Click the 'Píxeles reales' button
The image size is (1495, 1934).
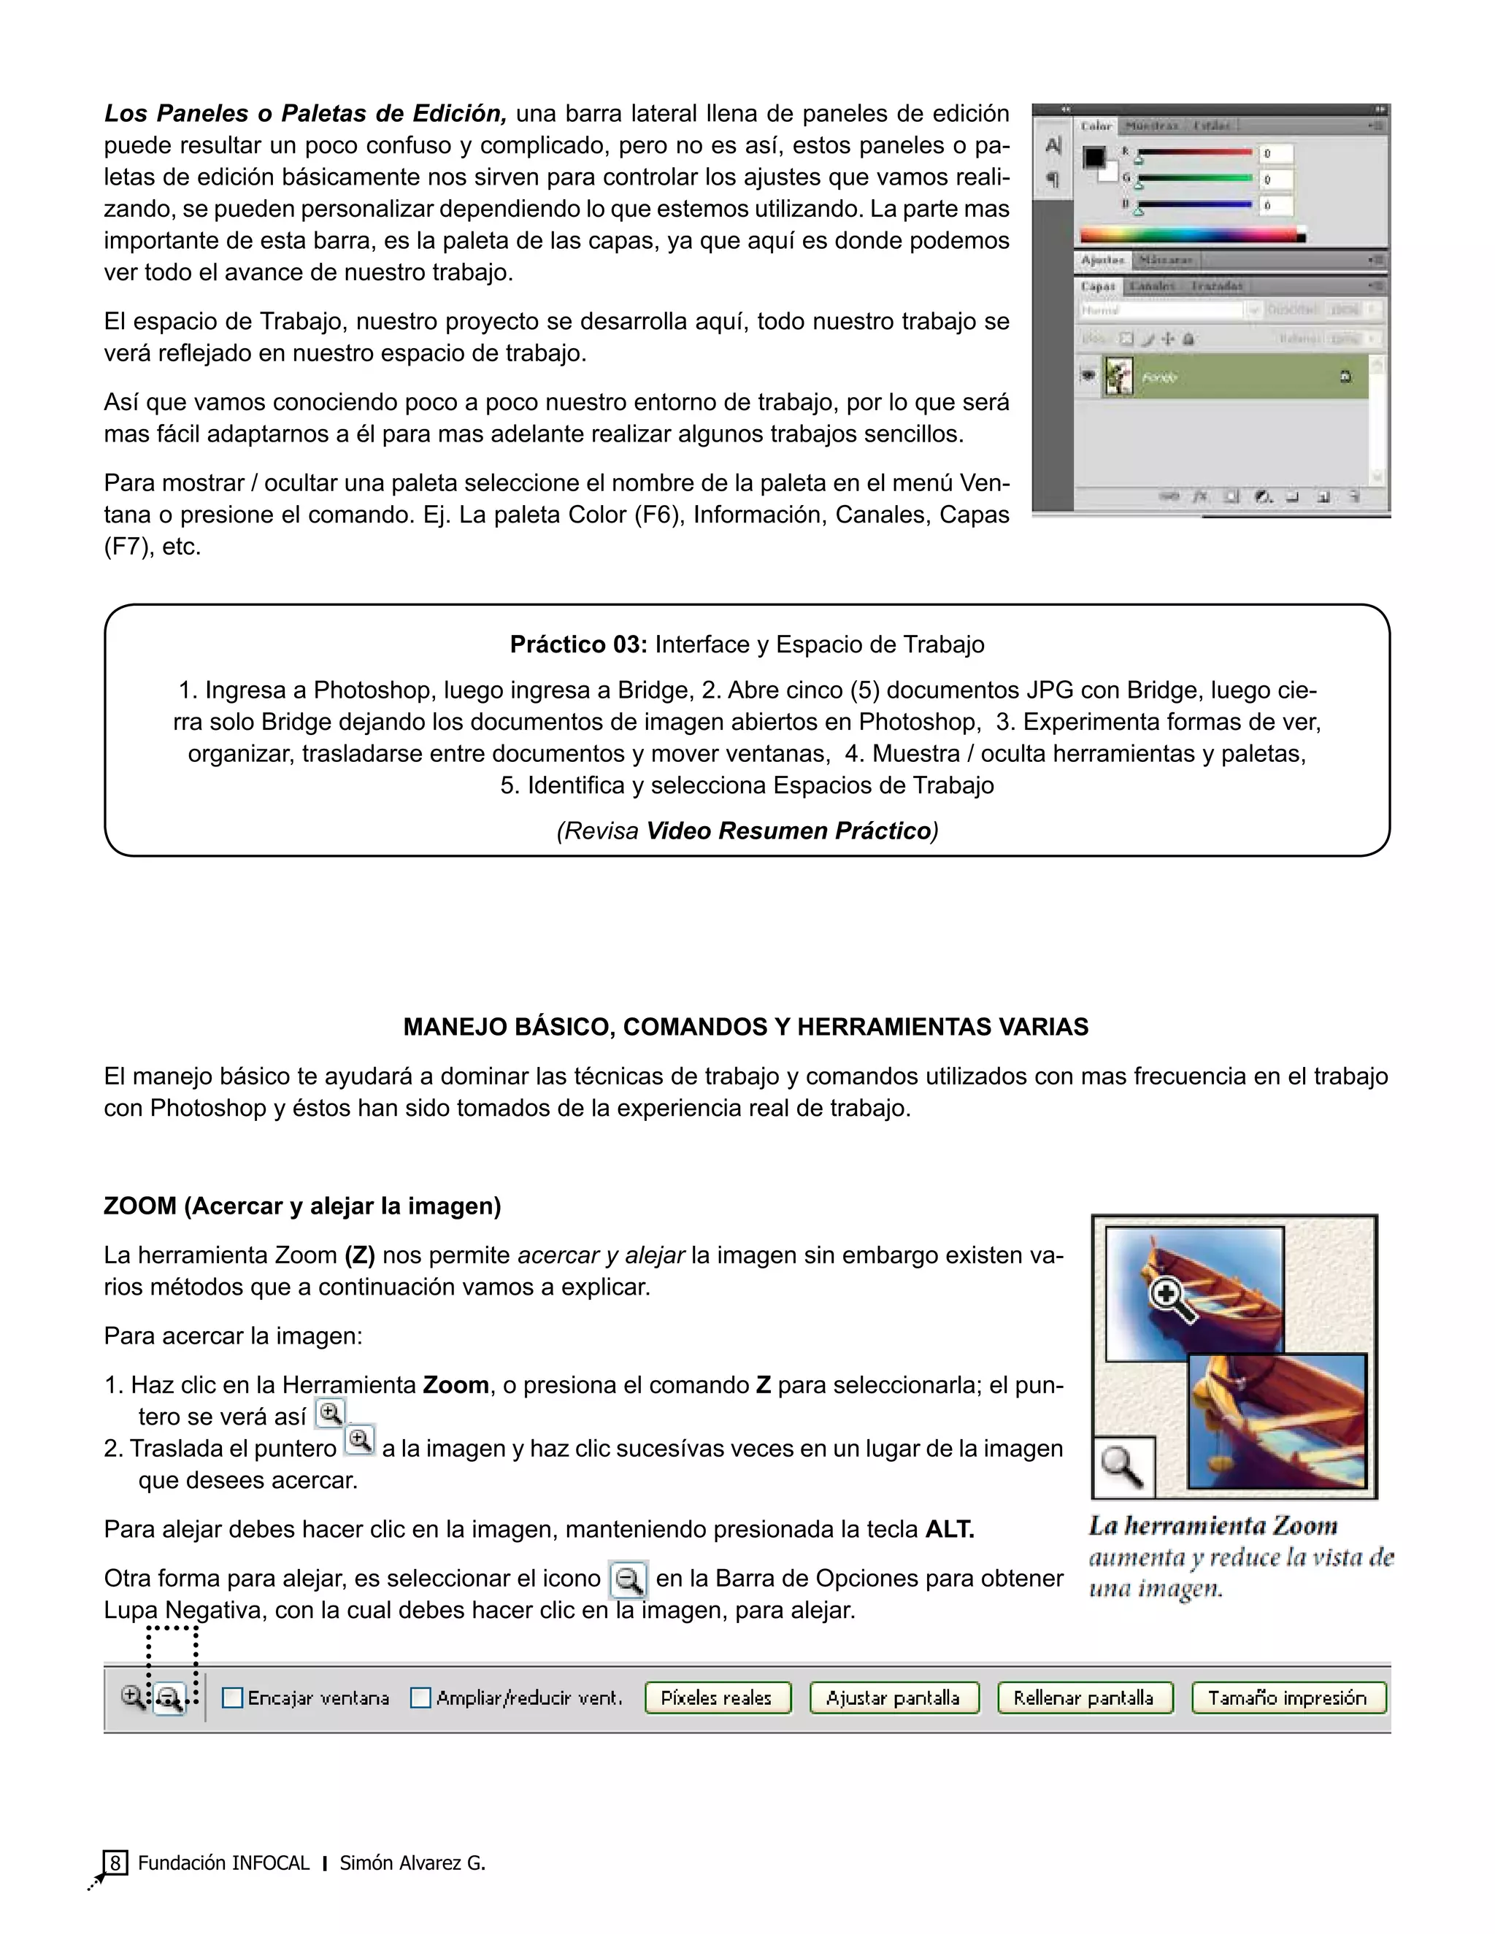tap(717, 1698)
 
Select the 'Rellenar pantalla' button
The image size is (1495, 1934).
tap(1084, 1698)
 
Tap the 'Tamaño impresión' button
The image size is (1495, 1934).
tap(1288, 1698)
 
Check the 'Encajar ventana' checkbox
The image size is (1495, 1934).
tap(232, 1698)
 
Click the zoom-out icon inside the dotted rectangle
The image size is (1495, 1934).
tap(170, 1698)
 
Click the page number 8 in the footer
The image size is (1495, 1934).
tap(115, 1863)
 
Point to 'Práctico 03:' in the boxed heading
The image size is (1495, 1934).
tap(579, 644)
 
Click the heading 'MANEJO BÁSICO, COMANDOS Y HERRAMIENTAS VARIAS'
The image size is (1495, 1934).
tap(746, 1028)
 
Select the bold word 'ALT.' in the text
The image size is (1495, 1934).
tap(950, 1529)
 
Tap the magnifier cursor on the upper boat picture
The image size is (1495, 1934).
tap(1169, 1298)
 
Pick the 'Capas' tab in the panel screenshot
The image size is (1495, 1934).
tap(1098, 286)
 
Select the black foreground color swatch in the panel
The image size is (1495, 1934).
tap(1094, 157)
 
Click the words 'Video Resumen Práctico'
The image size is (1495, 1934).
tap(788, 831)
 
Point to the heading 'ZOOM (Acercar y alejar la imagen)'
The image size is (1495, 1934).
tap(302, 1206)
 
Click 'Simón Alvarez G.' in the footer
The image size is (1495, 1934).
tap(412, 1863)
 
